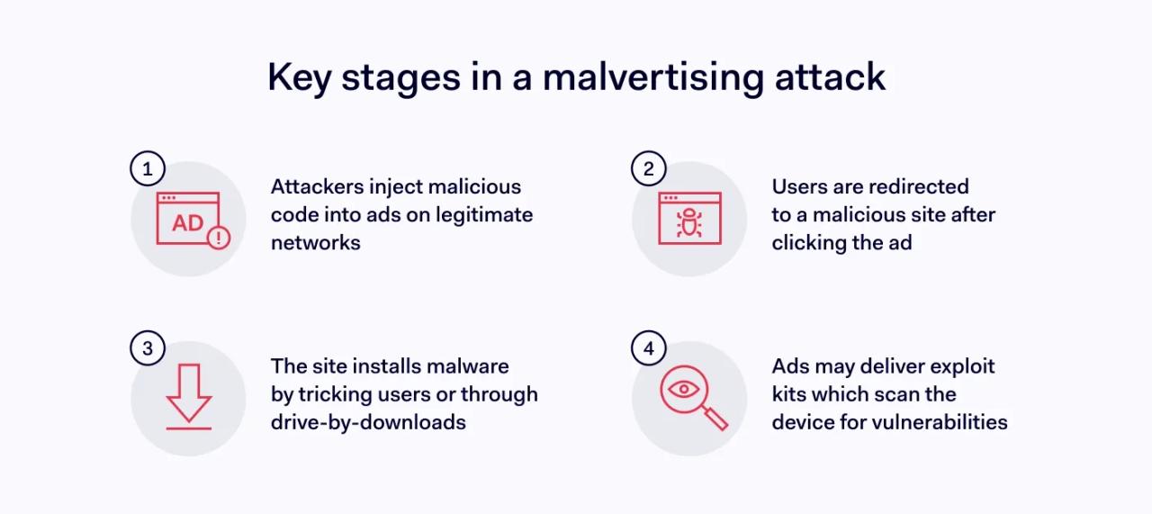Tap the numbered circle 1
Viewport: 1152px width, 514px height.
click(x=148, y=168)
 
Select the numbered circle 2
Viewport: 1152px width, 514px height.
click(x=649, y=168)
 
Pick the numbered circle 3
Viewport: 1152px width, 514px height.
click(x=148, y=348)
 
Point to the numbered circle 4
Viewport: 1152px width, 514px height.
click(x=649, y=348)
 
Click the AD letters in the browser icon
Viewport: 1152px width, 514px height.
click(x=187, y=223)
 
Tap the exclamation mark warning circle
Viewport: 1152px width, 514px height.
click(x=219, y=238)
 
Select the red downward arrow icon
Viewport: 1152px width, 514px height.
click(x=189, y=394)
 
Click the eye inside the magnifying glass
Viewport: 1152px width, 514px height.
click(x=685, y=389)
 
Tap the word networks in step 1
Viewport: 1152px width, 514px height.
click(x=315, y=243)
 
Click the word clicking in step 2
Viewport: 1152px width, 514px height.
click(x=809, y=243)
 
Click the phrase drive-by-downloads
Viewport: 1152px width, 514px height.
click(x=368, y=422)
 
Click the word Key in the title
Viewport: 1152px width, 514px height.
click(x=293, y=77)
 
